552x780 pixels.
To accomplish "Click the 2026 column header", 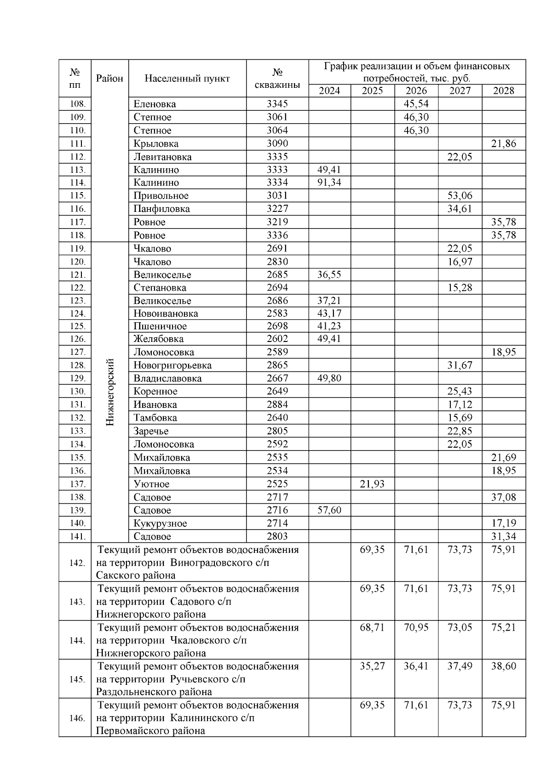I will pos(416,91).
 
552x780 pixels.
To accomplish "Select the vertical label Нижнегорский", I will pos(110,392).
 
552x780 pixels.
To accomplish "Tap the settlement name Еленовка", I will pos(155,104).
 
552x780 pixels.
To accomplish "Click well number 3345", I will pos(277,104).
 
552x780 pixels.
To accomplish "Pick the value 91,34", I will pos(329,182).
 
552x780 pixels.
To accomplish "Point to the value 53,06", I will pos(460,196).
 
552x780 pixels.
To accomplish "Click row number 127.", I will pos(77,352).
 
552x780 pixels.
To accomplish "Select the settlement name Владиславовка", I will pos(167,379).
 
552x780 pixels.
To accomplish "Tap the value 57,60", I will pos(329,510).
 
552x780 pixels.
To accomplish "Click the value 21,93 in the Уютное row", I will pos(372,484).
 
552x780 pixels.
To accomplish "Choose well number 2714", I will pos(277,523).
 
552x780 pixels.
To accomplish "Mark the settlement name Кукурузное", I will pos(160,524).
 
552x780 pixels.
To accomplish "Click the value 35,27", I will pos(372,666).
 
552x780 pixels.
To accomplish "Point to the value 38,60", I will pos(504,666).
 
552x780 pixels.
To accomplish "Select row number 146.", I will pos(77,718).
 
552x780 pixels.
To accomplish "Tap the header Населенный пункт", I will pos(187,79).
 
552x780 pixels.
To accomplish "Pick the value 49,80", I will pos(329,379).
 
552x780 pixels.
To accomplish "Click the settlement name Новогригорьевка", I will pos(172,365).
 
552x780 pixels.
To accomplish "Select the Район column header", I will pos(109,79).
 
